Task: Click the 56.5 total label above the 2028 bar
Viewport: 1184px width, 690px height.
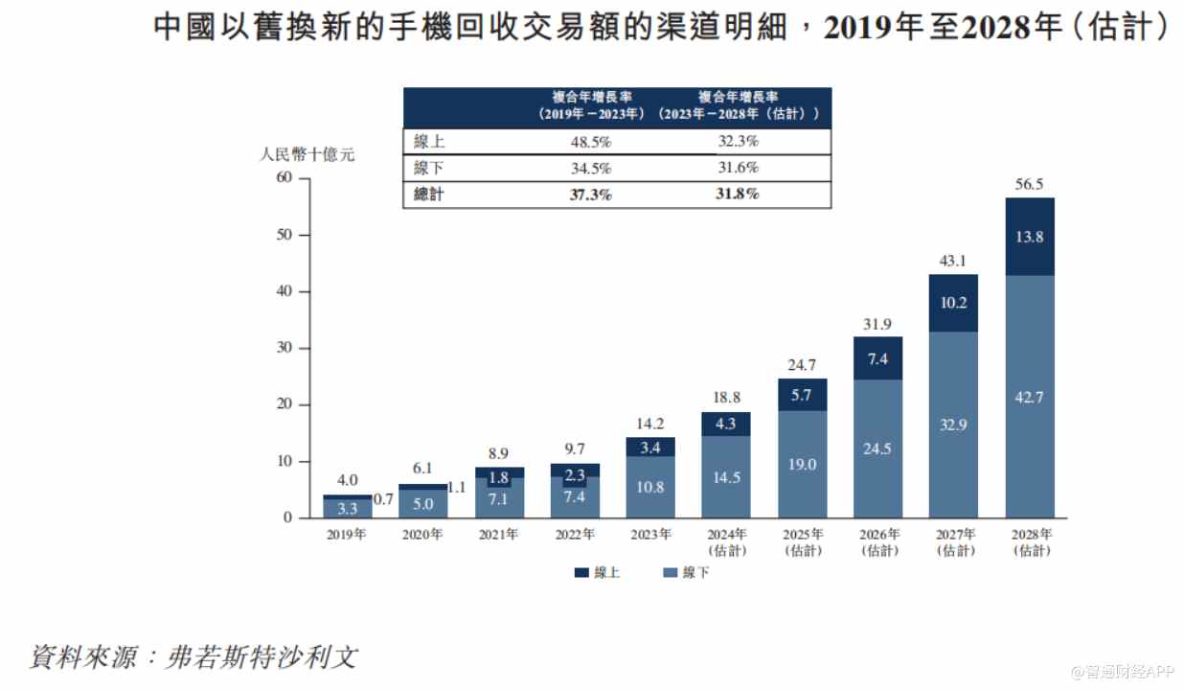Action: pyautogui.click(x=1029, y=185)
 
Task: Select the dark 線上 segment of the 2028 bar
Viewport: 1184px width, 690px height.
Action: pyautogui.click(x=1029, y=237)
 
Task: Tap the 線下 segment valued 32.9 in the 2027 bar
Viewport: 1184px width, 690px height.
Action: pyautogui.click(x=953, y=425)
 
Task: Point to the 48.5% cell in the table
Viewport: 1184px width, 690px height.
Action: pyautogui.click(x=591, y=142)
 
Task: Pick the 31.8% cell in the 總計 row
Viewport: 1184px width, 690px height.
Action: pyautogui.click(x=738, y=195)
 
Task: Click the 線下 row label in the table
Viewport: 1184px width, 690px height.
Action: pyautogui.click(x=428, y=169)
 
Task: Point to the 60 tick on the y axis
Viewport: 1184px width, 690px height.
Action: pyautogui.click(x=284, y=178)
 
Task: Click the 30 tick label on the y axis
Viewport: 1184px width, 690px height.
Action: pyautogui.click(x=284, y=348)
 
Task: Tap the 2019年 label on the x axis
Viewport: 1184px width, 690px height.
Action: pyautogui.click(x=347, y=535)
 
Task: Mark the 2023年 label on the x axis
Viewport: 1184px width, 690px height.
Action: pyautogui.click(x=650, y=535)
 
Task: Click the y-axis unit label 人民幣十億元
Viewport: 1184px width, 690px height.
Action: pyautogui.click(x=307, y=154)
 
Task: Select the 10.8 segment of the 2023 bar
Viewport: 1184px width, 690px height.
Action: pyautogui.click(x=650, y=487)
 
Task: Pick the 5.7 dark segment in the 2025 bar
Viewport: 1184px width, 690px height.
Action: pyautogui.click(x=802, y=394)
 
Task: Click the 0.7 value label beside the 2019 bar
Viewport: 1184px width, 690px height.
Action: pyautogui.click(x=384, y=499)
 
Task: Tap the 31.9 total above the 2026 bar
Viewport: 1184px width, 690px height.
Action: pyautogui.click(x=877, y=324)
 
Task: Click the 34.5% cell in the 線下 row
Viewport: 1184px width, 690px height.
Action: pyautogui.click(x=591, y=169)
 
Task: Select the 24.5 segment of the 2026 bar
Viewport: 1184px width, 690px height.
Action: pyautogui.click(x=877, y=448)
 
